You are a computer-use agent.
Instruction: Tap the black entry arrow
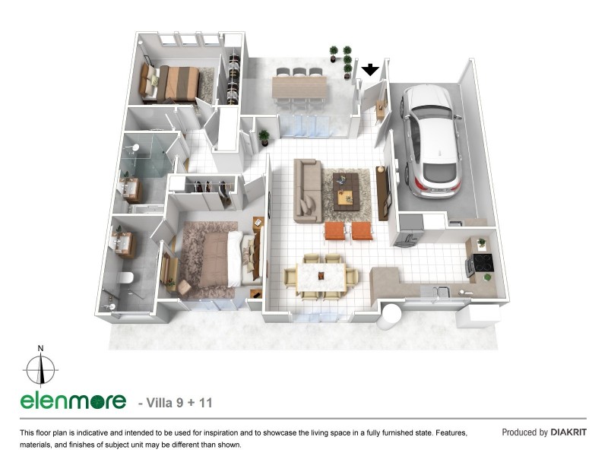pos(370,71)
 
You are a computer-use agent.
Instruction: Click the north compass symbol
pos(41,369)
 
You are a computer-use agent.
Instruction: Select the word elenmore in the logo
pos(72,401)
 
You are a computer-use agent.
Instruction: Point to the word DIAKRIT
pos(568,432)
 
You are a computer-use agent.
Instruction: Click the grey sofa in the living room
pos(308,191)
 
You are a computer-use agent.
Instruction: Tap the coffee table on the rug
pos(346,188)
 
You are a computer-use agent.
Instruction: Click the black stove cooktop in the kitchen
pos(483,263)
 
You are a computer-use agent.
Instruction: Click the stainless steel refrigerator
pos(408,230)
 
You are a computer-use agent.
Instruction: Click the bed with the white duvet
pos(217,259)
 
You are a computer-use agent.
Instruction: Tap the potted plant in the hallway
pos(264,138)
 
